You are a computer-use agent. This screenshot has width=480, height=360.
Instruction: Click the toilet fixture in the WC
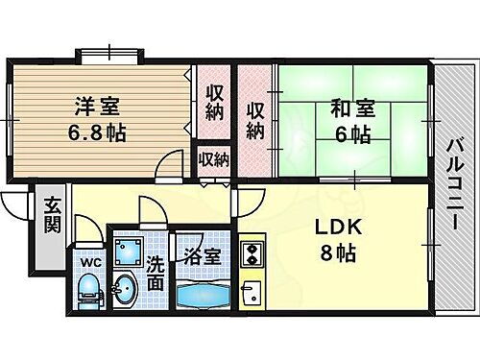pos(87,288)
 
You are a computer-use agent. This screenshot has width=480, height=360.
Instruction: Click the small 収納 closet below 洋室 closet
pos(213,159)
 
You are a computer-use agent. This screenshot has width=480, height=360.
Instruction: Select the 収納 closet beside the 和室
pos(255,117)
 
